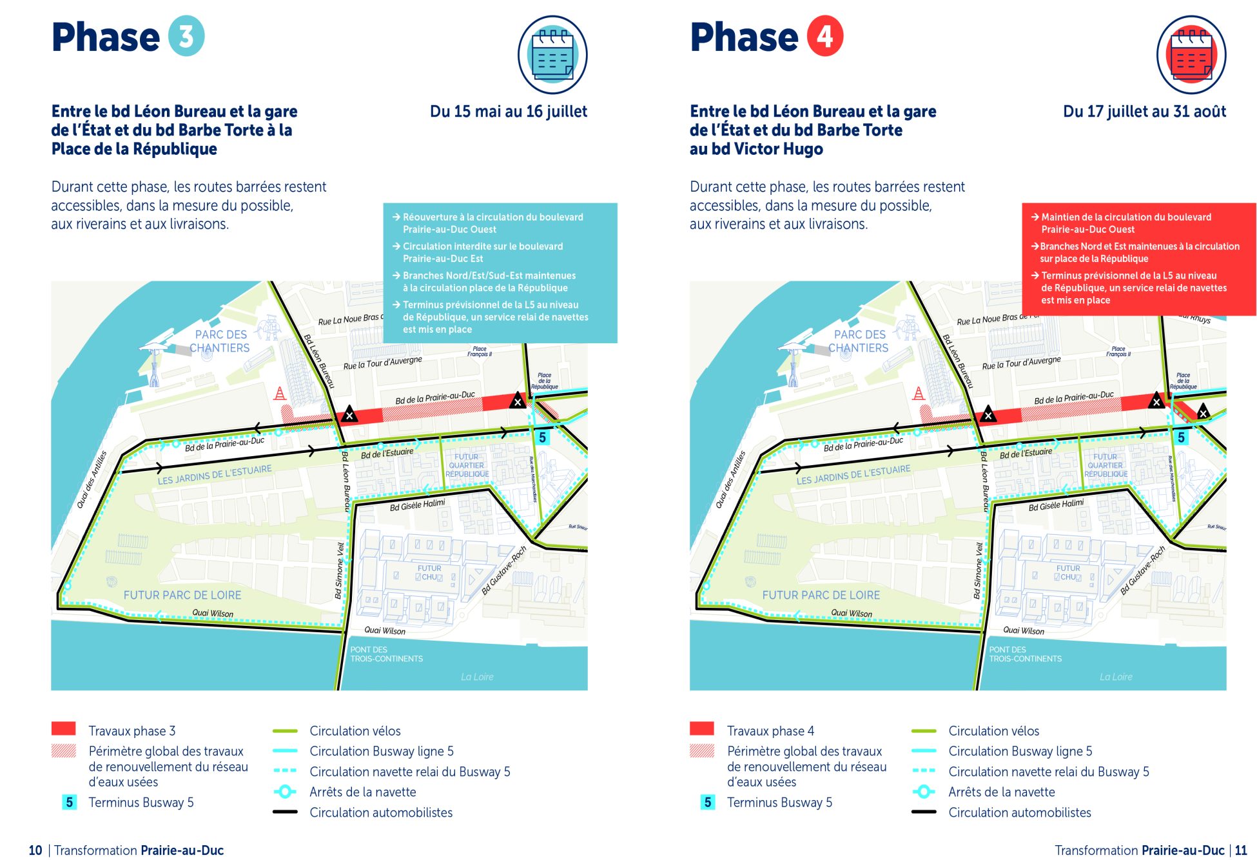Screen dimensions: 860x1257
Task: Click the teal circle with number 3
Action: click(186, 36)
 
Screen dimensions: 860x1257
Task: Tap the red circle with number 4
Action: click(825, 36)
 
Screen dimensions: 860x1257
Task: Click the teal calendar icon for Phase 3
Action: click(552, 55)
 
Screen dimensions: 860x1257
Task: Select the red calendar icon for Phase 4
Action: click(1191, 55)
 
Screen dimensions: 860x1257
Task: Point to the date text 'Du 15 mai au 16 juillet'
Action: click(508, 112)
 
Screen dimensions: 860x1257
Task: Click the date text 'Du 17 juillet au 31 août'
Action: click(1144, 112)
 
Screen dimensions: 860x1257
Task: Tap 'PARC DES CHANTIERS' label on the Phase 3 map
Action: click(220, 341)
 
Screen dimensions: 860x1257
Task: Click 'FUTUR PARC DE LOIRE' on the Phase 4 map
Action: click(821, 595)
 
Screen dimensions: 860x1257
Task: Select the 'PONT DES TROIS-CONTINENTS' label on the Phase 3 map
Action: click(386, 654)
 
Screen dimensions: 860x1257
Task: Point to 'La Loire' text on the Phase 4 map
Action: click(1115, 677)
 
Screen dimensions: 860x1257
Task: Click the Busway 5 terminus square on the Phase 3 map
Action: click(542, 437)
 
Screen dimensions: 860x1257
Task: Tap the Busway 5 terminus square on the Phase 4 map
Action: click(1181, 437)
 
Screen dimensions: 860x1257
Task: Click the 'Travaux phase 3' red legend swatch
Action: click(64, 729)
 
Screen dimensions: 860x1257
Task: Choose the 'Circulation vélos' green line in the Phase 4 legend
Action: click(924, 731)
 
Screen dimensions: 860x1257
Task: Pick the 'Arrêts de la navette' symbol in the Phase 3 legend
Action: click(284, 792)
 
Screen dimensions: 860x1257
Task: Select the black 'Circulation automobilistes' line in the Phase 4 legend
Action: click(924, 812)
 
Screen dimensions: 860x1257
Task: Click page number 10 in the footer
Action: click(35, 850)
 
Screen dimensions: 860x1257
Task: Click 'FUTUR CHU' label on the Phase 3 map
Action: click(429, 573)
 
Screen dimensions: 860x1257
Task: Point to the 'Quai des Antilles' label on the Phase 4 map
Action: click(730, 479)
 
